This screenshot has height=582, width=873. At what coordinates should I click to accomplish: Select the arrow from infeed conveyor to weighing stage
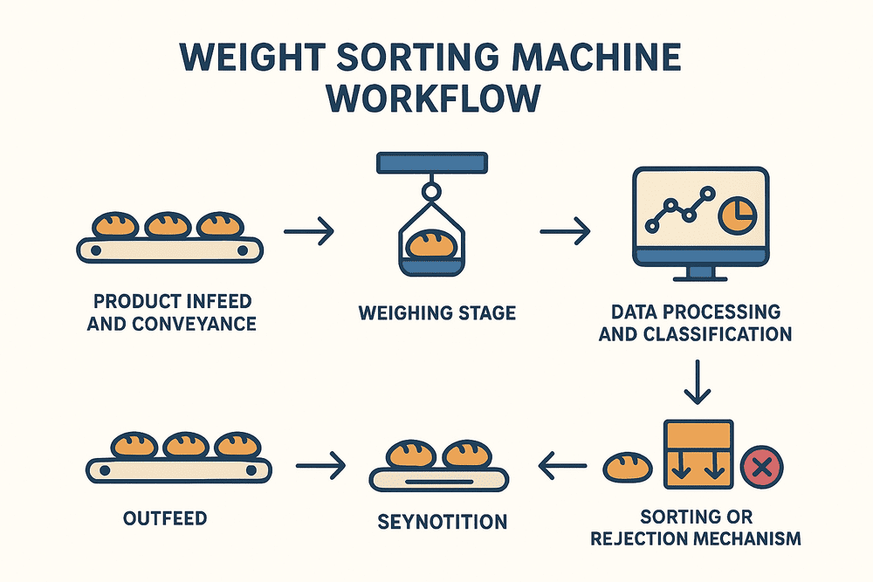310,232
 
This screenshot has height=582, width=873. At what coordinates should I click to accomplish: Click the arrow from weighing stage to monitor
565,232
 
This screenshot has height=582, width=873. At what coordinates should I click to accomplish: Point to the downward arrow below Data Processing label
696,382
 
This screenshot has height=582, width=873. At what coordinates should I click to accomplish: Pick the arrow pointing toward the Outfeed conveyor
321,468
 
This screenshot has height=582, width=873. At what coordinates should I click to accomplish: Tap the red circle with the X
761,468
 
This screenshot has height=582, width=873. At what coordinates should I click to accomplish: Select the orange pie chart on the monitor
735,213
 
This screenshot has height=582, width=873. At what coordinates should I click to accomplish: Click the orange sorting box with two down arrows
698,454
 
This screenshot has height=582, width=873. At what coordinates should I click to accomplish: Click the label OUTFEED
166,517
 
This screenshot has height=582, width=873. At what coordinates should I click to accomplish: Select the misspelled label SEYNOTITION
442,522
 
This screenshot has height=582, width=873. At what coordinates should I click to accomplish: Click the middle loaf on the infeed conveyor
168,225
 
